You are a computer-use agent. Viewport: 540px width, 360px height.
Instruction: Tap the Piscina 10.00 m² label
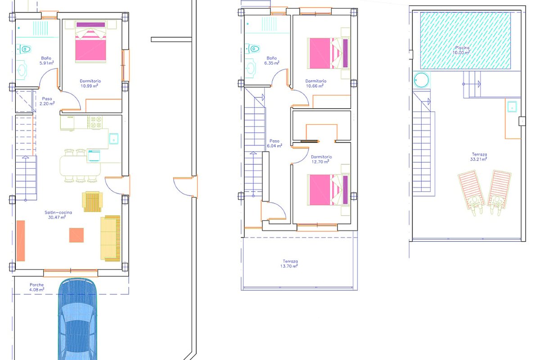[461, 50]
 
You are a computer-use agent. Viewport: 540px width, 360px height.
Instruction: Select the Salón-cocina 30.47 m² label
[58, 215]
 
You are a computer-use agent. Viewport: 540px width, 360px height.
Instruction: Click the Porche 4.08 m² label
[36, 287]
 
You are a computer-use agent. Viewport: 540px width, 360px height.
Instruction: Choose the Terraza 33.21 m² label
[479, 157]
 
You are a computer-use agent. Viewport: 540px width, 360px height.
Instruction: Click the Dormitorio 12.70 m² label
[321, 159]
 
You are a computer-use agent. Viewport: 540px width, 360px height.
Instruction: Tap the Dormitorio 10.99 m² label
[90, 83]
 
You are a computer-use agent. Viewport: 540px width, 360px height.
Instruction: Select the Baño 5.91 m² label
[46, 60]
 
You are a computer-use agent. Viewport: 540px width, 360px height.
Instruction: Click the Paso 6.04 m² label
[274, 144]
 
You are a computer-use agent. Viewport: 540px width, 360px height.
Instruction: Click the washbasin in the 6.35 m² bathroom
[250, 68]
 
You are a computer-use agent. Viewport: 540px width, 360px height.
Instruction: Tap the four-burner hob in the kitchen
[96, 122]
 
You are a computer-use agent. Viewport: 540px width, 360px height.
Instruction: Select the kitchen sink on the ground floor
[114, 139]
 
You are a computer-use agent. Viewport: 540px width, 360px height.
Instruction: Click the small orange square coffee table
[76, 235]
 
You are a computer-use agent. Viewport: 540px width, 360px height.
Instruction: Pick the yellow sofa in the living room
[110, 238]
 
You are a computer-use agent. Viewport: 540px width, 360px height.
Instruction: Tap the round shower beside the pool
[421, 80]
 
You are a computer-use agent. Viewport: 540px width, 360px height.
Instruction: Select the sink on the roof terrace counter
[512, 107]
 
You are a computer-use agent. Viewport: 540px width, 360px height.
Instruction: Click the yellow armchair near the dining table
[92, 202]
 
